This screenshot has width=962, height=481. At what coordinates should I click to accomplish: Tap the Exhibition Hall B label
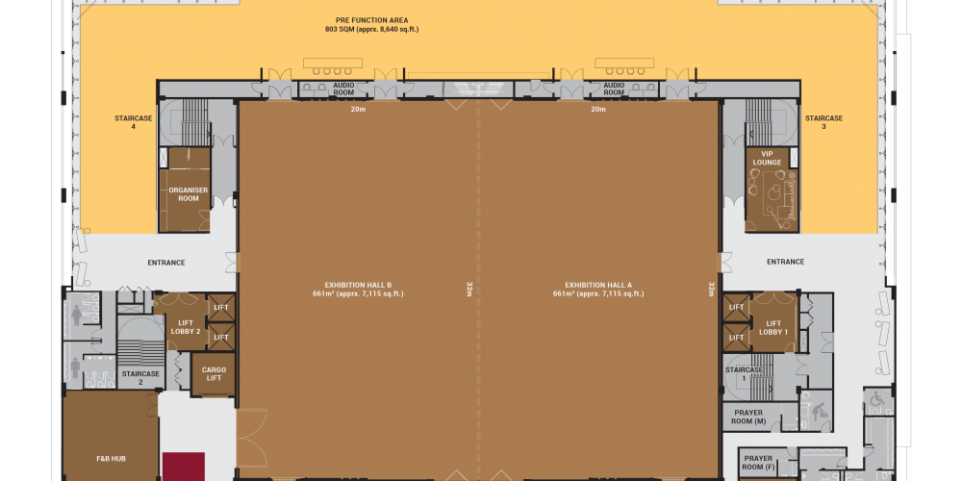click(x=358, y=289)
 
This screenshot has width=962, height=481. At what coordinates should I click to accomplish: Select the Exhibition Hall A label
click(x=598, y=289)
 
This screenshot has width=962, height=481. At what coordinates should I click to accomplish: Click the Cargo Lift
click(x=215, y=373)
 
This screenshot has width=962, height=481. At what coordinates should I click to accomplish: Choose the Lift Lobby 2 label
click(x=189, y=327)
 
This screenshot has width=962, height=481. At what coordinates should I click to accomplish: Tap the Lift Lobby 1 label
click(x=773, y=328)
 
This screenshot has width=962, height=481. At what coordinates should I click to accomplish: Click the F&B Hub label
click(x=112, y=458)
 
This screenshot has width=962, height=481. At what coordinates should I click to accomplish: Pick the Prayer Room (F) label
click(x=758, y=463)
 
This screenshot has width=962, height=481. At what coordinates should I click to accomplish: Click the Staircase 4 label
click(x=133, y=122)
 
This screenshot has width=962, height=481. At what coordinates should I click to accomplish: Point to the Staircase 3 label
click(x=824, y=122)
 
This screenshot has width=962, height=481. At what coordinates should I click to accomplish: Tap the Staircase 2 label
click(x=140, y=377)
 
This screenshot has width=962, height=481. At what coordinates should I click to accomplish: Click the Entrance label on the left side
click(x=166, y=263)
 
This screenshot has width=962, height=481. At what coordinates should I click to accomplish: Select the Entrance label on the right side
click(x=785, y=262)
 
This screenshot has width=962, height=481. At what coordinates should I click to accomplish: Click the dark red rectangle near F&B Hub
click(x=184, y=467)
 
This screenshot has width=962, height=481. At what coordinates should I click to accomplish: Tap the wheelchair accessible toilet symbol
click(x=878, y=401)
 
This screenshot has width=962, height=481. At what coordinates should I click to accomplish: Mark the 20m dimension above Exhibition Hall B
click(x=358, y=110)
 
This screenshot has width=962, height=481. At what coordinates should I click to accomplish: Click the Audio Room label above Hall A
click(x=614, y=89)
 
